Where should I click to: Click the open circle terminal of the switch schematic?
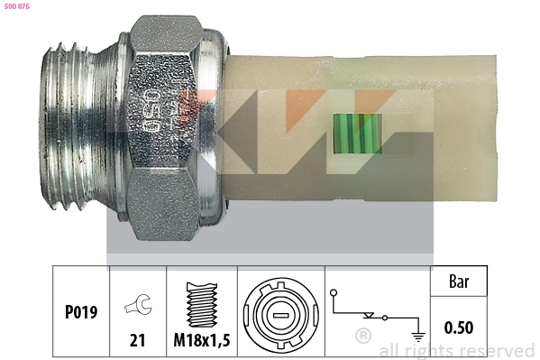pyautogui.click(x=334, y=292)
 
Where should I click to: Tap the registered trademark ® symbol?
pyautogui.click(x=362, y=337)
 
